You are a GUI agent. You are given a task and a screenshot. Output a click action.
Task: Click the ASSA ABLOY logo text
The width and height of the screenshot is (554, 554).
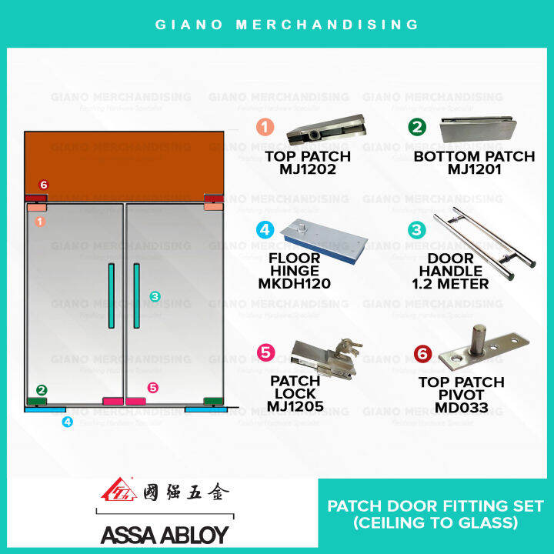coord(164,534)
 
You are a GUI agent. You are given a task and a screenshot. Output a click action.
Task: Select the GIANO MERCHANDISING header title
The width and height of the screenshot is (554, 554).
coord(277,24)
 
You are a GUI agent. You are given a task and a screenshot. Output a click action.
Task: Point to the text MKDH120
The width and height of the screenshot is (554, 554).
coord(295,283)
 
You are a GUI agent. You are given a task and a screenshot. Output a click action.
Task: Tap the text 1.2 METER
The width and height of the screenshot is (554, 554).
coord(450,284)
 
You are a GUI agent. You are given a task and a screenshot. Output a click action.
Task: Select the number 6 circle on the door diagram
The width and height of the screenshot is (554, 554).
coord(43,185)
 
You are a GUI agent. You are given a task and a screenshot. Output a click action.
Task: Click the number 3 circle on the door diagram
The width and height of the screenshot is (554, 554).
coord(154,295)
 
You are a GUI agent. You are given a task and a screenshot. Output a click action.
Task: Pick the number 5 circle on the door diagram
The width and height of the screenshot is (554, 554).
coord(152,388)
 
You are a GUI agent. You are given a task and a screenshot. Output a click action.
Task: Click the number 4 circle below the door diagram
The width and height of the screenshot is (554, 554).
coord(68,422)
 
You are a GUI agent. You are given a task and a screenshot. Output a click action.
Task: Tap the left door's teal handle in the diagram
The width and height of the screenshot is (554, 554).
coord(112,296)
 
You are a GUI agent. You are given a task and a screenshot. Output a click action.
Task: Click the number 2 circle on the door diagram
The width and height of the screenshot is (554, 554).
coord(42,390)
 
